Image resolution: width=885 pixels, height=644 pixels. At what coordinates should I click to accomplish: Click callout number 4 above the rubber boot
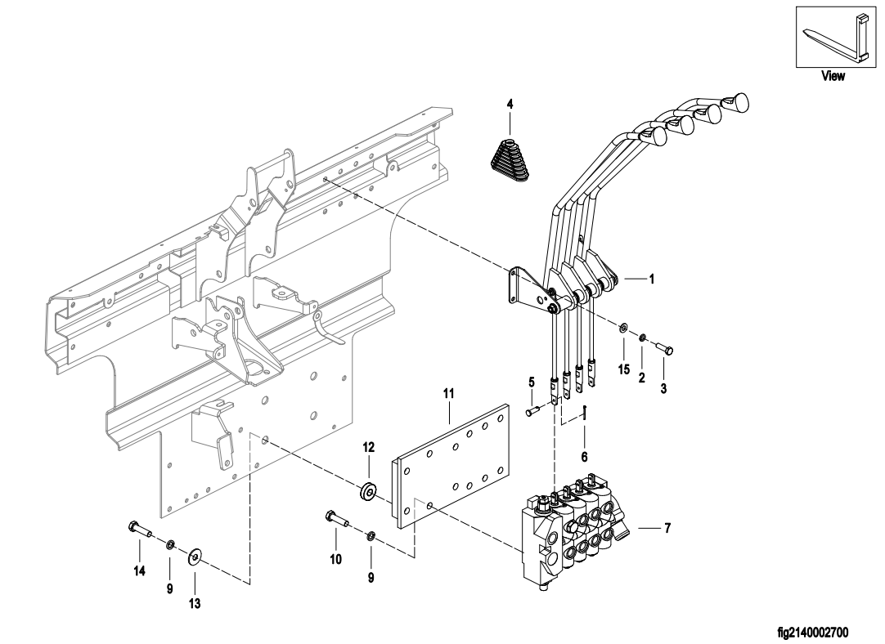click(x=510, y=104)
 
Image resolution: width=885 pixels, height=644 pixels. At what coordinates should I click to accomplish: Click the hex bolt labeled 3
click(x=664, y=349)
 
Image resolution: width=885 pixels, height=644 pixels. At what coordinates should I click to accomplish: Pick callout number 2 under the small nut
click(x=642, y=378)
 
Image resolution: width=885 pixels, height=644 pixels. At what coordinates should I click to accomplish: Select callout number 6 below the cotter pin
click(x=584, y=457)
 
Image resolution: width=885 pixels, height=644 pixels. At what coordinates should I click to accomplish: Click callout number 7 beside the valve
click(x=667, y=529)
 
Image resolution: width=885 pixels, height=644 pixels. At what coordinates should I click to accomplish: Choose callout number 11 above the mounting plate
click(x=449, y=393)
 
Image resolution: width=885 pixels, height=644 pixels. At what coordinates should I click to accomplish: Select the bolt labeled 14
click(x=141, y=530)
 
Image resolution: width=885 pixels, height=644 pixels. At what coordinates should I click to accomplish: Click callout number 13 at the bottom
click(x=194, y=604)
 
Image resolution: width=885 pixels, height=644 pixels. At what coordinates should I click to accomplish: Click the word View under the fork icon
click(x=833, y=75)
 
